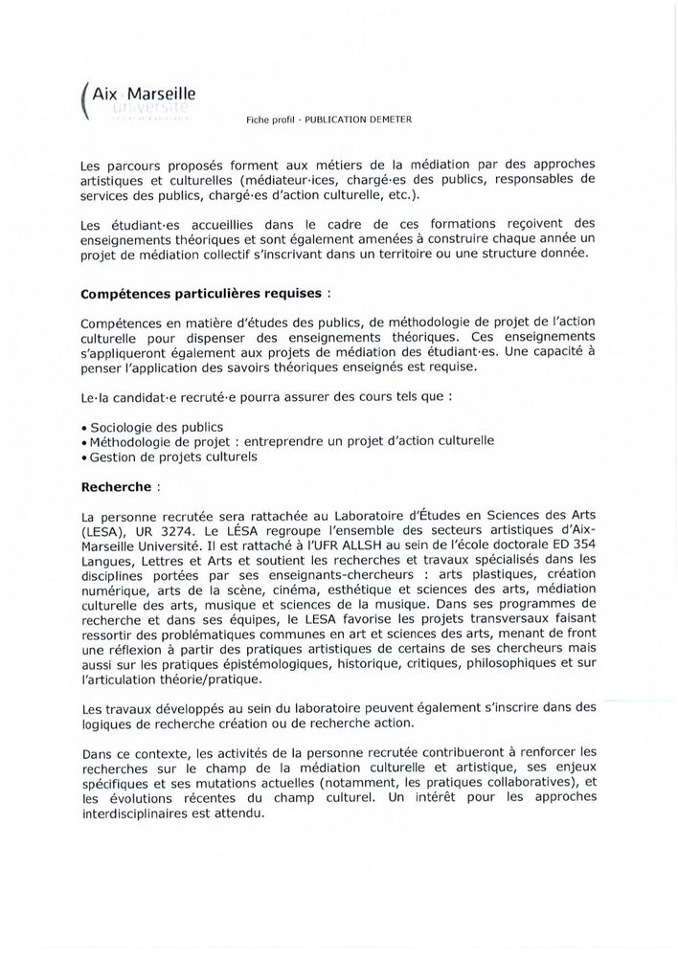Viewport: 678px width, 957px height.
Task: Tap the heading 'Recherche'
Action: (x=115, y=486)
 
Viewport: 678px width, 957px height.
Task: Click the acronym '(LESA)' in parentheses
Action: (x=102, y=529)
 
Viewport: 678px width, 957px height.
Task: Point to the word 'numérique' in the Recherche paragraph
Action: (x=117, y=590)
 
